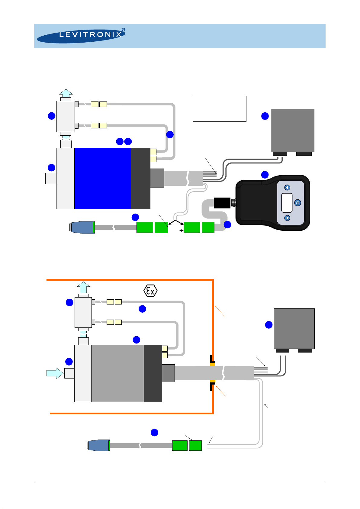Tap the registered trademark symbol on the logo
(123, 31)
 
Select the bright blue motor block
(103, 178)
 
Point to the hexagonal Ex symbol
(150, 291)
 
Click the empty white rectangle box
(219, 109)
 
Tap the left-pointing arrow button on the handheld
(287, 188)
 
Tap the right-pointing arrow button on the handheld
(287, 218)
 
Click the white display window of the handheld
(287, 203)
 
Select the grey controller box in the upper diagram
(292, 130)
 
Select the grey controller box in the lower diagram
(294, 328)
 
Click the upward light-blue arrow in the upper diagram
(66, 93)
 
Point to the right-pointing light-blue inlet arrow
(55, 373)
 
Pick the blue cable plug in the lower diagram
(99, 446)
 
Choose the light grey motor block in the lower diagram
(117, 373)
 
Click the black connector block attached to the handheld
(222, 203)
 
